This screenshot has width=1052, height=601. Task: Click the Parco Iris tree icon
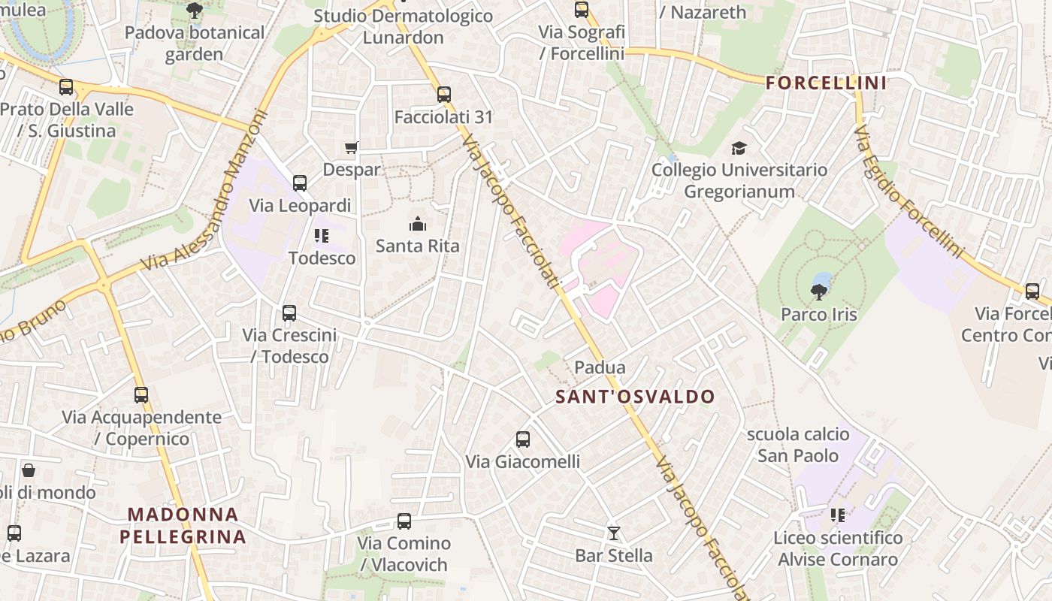point(819,291)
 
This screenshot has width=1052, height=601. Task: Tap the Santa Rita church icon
point(417,224)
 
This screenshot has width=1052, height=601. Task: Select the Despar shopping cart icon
point(351,148)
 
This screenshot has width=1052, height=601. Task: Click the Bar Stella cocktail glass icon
point(614,533)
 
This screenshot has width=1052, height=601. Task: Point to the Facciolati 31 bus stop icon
point(443,95)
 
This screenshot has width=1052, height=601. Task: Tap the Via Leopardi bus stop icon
point(300,183)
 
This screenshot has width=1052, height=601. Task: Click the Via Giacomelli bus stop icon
point(523,439)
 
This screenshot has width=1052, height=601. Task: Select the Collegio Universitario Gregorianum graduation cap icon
point(739,148)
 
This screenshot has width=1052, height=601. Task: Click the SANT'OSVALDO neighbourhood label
point(635,397)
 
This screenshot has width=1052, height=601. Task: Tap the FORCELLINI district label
point(826,83)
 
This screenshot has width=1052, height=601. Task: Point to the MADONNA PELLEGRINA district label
point(183,525)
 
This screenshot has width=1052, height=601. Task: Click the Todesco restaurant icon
point(322,236)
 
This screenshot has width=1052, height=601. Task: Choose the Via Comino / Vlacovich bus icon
point(404,521)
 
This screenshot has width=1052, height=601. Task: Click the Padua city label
point(600,367)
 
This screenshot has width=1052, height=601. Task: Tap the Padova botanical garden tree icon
point(195,11)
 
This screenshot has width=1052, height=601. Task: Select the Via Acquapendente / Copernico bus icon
point(141,394)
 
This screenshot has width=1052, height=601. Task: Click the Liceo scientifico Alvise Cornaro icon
point(838,515)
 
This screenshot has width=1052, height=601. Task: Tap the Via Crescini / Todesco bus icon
point(289,313)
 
